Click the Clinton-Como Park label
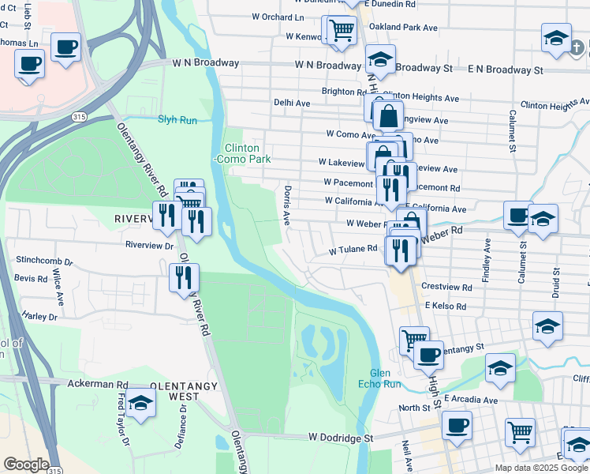[x=248, y=153]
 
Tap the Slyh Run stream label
[x=177, y=120]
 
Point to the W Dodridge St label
[x=339, y=437]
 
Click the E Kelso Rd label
[x=446, y=306]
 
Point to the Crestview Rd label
[x=446, y=287]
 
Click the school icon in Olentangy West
[x=140, y=403]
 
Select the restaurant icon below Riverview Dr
[x=184, y=278]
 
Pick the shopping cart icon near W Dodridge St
[x=520, y=432]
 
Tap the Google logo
[x=26, y=465]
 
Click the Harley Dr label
[x=40, y=317]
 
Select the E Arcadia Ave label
[x=471, y=401]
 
